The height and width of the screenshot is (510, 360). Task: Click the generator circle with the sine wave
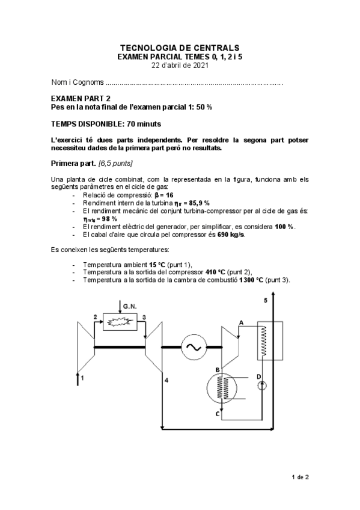(194, 347)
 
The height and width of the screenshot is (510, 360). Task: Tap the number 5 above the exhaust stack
(265, 300)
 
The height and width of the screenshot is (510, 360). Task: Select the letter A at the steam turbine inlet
(241, 323)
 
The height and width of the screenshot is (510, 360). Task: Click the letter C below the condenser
(217, 414)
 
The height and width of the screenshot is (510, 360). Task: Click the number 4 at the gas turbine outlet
(166, 381)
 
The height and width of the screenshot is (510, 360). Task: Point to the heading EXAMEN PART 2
(81, 97)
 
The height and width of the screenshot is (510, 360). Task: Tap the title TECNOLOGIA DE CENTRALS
(180, 47)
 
